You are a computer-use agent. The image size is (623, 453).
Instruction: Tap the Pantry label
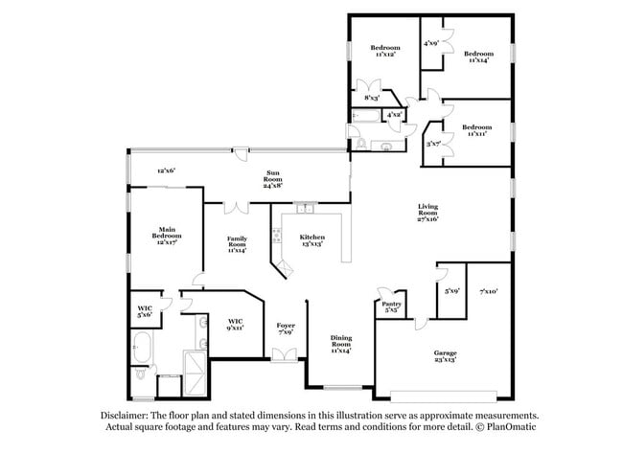(391, 306)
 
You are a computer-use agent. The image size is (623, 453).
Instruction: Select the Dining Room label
(340, 343)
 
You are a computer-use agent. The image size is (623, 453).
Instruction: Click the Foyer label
(285, 328)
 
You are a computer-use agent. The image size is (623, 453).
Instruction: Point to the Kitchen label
(311, 239)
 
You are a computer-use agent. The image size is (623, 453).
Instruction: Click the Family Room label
(237, 243)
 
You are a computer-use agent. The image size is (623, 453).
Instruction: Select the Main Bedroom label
(167, 235)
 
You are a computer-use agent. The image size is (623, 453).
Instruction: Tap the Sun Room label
(274, 177)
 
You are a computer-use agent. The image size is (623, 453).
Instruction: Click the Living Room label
(427, 212)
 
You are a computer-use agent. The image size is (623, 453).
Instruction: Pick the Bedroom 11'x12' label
(385, 52)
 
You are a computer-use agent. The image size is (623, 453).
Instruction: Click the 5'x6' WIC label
(145, 310)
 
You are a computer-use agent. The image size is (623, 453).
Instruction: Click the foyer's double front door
(285, 355)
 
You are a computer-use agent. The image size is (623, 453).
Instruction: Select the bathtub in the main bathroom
(144, 344)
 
